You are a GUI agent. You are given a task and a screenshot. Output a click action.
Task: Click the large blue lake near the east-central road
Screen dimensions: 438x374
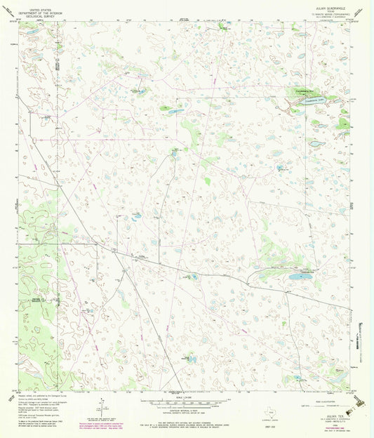pos(300,277)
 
